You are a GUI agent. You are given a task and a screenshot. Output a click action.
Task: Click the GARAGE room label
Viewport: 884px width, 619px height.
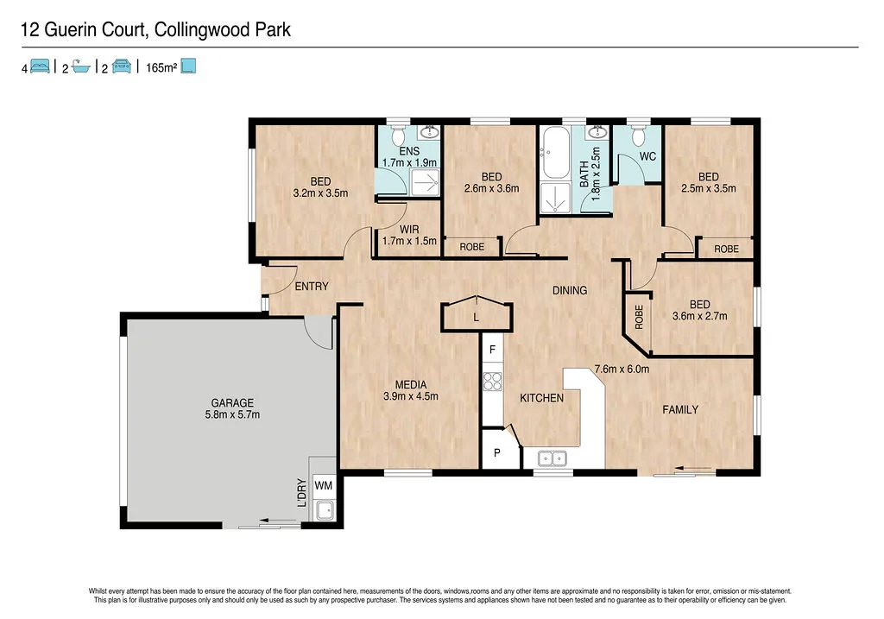point(233,408)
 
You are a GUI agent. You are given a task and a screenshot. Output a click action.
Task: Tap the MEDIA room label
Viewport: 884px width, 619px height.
point(411,390)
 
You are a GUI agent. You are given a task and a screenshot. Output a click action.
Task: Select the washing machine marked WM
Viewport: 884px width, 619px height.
point(324,485)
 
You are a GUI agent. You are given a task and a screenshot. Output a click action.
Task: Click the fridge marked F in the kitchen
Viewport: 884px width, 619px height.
point(492,350)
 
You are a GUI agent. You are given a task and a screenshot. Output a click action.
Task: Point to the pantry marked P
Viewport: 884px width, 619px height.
point(496,452)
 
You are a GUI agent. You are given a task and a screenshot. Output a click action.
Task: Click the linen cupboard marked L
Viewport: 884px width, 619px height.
point(476,318)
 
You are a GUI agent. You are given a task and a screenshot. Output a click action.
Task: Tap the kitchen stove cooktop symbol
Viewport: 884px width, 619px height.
point(492,381)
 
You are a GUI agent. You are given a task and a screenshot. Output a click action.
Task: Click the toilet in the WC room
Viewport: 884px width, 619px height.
point(638,136)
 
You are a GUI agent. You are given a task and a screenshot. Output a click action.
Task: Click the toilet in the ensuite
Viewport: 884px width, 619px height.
point(398,136)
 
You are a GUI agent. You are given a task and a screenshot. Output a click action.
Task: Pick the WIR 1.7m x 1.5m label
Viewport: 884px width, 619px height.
point(409,235)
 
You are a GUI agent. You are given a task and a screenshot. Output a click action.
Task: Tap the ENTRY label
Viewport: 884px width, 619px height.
point(311,286)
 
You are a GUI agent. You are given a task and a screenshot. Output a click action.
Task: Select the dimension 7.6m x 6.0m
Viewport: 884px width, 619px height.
point(621,370)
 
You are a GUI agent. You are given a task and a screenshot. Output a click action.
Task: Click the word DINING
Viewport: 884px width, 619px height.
point(570,290)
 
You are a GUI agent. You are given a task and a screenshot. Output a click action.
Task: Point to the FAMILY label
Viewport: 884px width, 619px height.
point(680,409)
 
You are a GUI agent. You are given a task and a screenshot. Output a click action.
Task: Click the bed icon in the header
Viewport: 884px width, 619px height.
point(40,66)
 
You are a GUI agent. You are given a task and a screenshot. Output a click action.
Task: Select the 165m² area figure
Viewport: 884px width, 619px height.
point(161,66)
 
